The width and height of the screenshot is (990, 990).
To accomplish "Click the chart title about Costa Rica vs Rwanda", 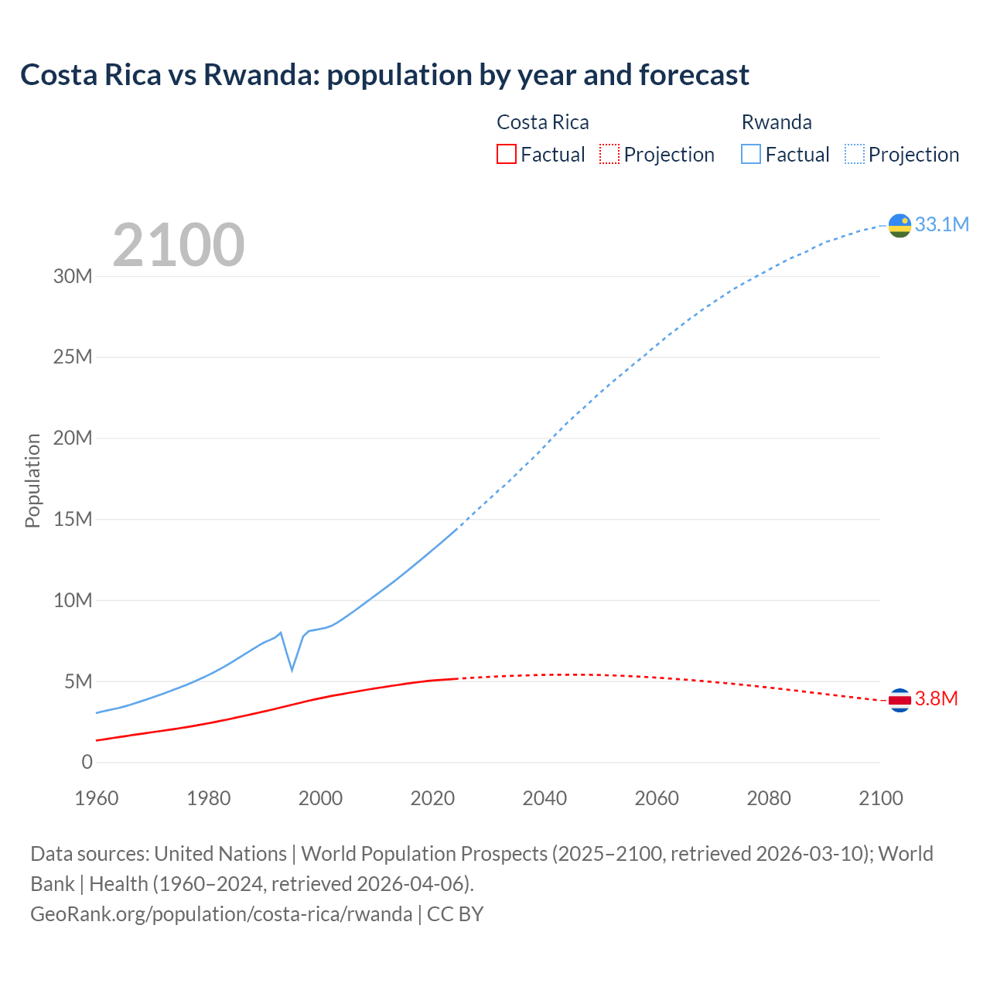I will [x=384, y=75].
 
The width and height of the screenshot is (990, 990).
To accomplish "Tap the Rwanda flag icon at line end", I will [x=900, y=225].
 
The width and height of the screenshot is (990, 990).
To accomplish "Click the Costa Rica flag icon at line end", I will [x=900, y=700].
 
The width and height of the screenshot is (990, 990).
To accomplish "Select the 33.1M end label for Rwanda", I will [x=941, y=224].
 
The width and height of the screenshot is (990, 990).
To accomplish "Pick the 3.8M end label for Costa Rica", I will [x=936, y=699].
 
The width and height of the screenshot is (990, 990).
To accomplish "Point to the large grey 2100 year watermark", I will [x=179, y=245].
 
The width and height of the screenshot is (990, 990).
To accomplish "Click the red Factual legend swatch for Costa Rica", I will [x=506, y=155].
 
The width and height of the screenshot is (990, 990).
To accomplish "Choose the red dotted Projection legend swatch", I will [x=609, y=155].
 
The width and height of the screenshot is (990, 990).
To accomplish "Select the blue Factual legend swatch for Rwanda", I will [x=750, y=155].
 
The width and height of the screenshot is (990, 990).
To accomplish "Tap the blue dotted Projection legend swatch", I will [x=855, y=155].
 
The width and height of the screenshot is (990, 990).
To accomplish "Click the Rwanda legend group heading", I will [x=777, y=122].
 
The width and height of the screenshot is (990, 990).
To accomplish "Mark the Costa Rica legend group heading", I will [x=542, y=122].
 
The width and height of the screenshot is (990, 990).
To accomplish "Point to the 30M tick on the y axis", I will [x=73, y=276].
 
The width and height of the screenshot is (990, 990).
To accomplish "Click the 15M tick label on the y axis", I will [x=73, y=519].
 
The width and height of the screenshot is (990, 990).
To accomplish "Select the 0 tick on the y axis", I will [x=87, y=762].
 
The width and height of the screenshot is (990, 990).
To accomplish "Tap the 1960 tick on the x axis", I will [x=97, y=798].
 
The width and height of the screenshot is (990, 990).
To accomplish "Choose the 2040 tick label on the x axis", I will [x=544, y=798].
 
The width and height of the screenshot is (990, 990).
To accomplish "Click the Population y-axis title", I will [x=32, y=480].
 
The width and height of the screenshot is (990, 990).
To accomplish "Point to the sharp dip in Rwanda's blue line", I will [x=292, y=669].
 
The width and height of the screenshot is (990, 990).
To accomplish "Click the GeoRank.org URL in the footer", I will [x=221, y=914].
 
